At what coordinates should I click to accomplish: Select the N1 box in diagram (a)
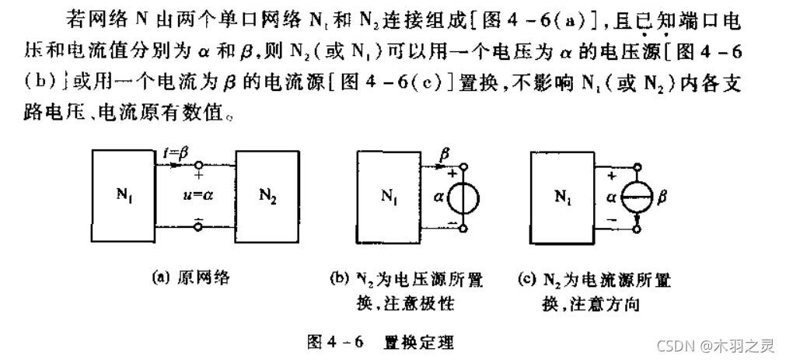click(123, 195)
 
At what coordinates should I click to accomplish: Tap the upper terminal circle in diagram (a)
click(198, 165)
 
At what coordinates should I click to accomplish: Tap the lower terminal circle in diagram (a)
click(198, 227)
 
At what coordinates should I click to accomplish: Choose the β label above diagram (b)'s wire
click(444, 156)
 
